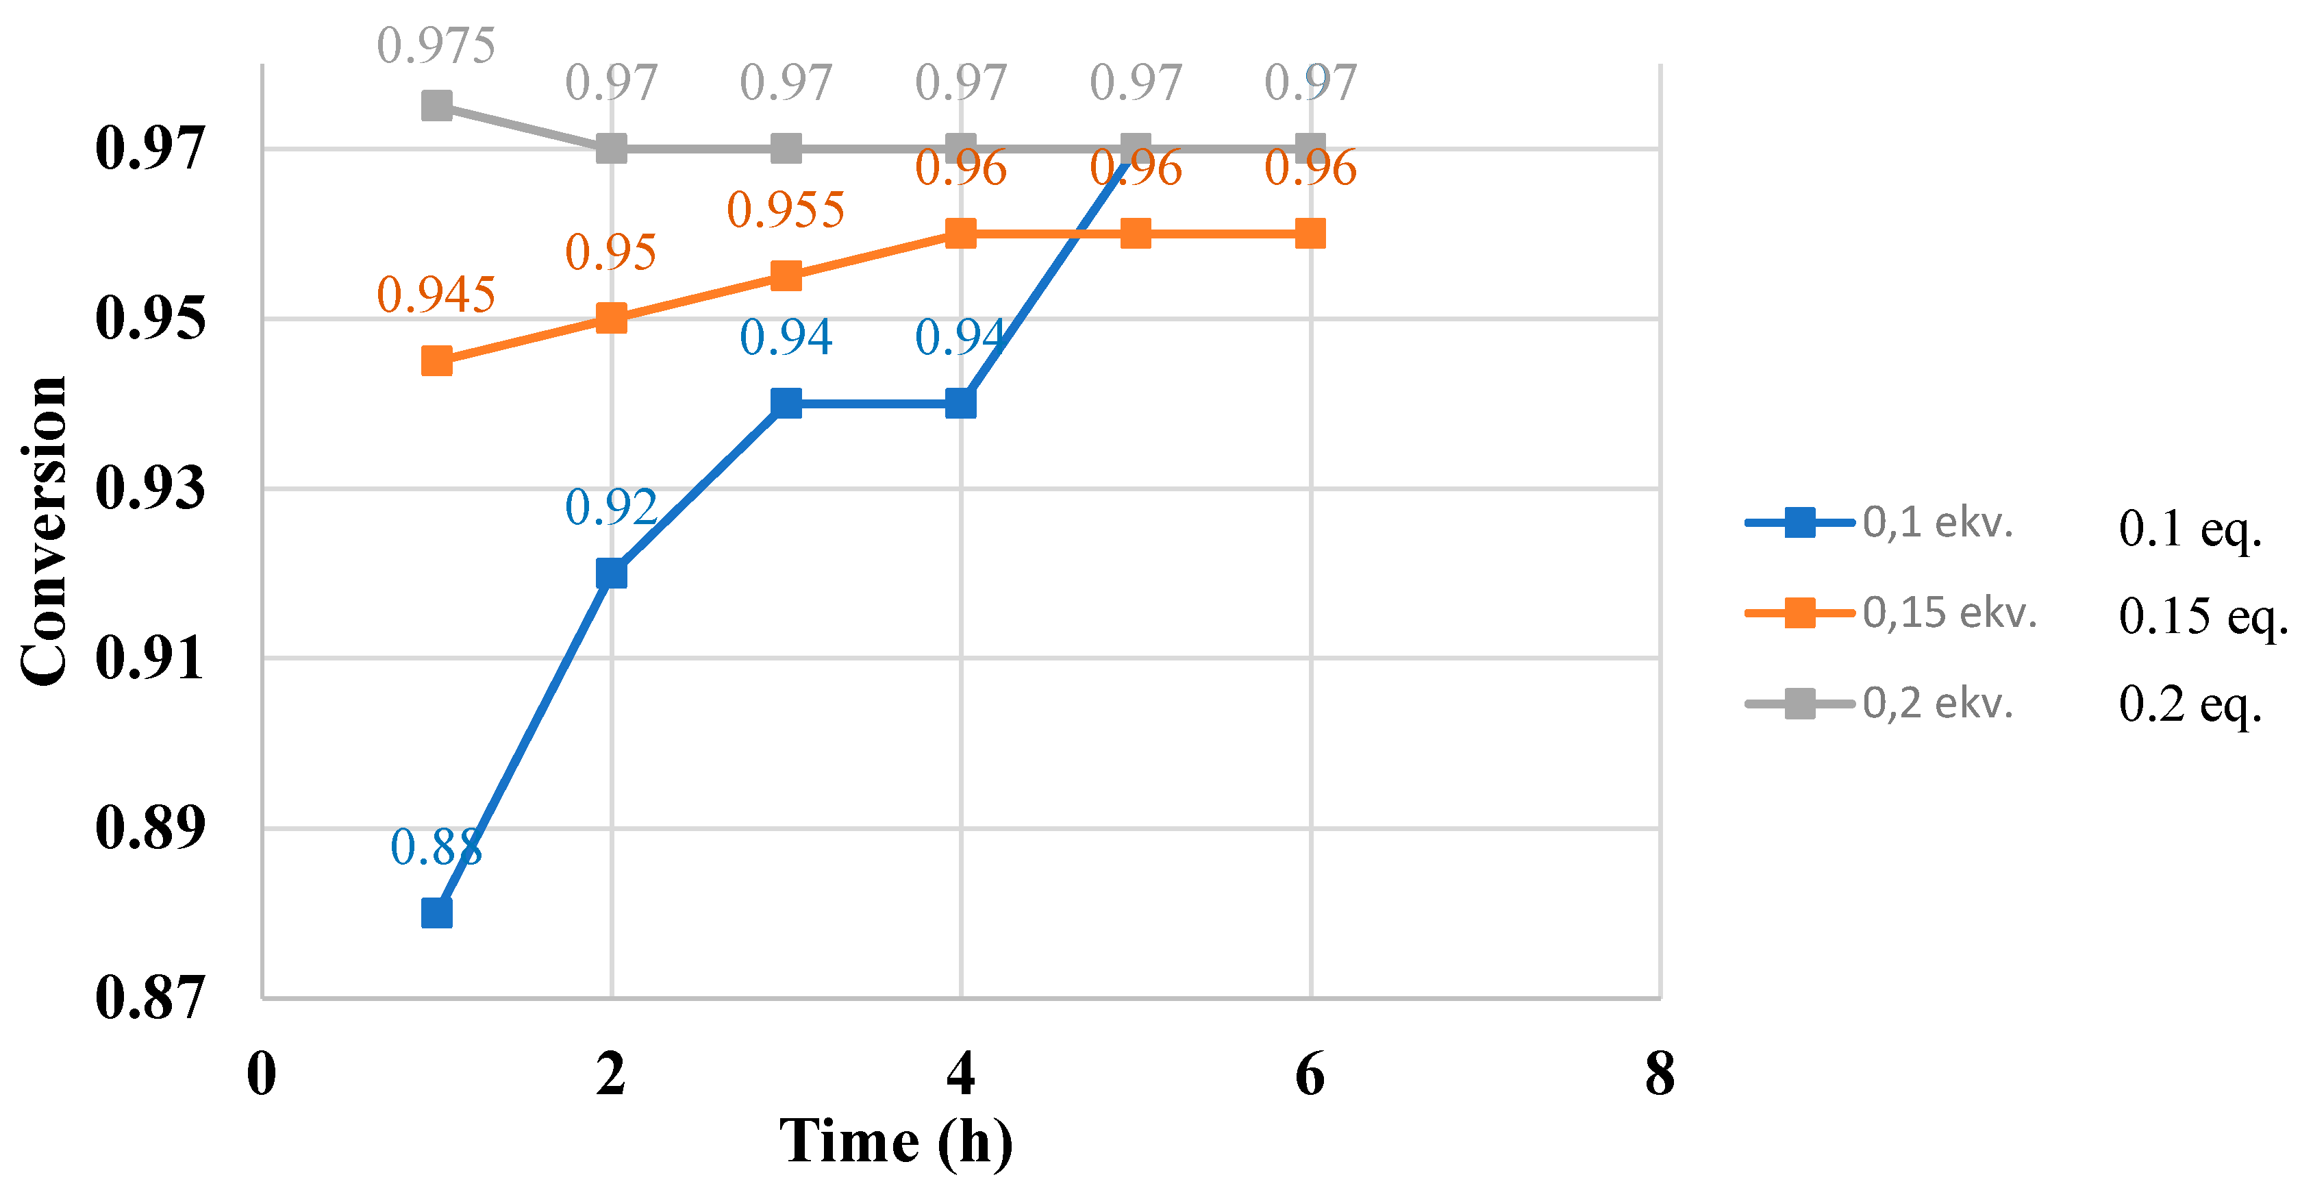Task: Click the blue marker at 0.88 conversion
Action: pos(436,913)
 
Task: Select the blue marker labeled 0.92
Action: pos(612,573)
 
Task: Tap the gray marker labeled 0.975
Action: pos(436,106)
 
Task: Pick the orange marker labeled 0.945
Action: pos(436,361)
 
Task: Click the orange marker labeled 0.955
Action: pos(786,275)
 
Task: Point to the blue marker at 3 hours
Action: pos(786,404)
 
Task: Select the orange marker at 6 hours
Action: pos(1310,234)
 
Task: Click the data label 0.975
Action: pos(436,46)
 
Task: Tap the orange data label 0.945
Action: pos(436,295)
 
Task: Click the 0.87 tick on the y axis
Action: pos(150,997)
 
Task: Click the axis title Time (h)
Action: pos(895,1142)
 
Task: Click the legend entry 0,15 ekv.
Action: pos(1949,613)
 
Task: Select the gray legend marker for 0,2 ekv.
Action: pos(1799,703)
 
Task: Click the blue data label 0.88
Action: pos(436,847)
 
